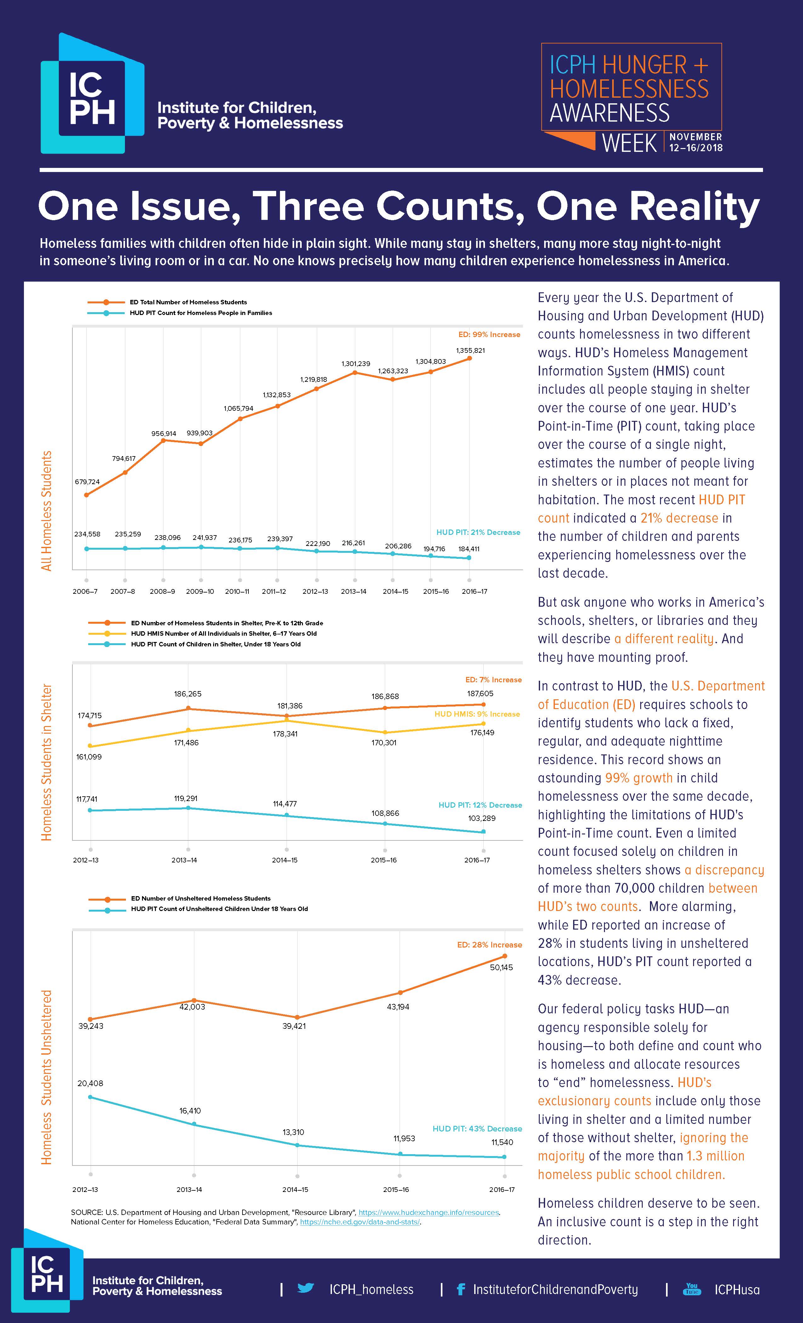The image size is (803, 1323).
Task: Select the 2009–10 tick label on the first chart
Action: (200, 591)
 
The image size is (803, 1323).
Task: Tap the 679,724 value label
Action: (87, 482)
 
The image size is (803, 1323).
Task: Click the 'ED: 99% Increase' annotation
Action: (489, 335)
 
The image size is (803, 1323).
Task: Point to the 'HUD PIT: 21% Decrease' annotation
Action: (478, 532)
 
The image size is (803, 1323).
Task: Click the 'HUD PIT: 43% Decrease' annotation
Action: (477, 1129)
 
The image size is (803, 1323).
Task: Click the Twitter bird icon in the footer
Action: (305, 1288)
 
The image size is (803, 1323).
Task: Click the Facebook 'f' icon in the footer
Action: (460, 1289)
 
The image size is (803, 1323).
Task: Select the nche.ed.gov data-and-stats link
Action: (360, 1222)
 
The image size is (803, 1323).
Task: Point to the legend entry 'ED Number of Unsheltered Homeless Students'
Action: (200, 898)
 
